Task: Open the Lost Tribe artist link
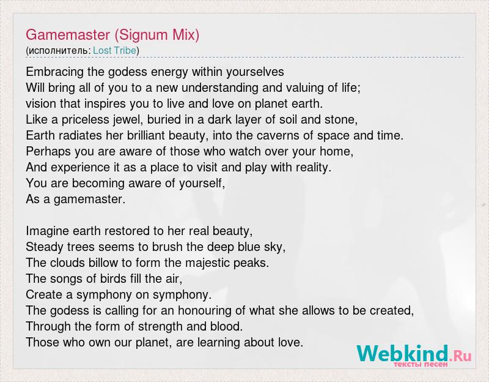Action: pos(114,50)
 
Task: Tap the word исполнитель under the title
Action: pos(58,51)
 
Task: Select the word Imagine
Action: pos(48,231)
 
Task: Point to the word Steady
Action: pos(44,247)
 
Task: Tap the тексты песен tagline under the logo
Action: pos(421,364)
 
